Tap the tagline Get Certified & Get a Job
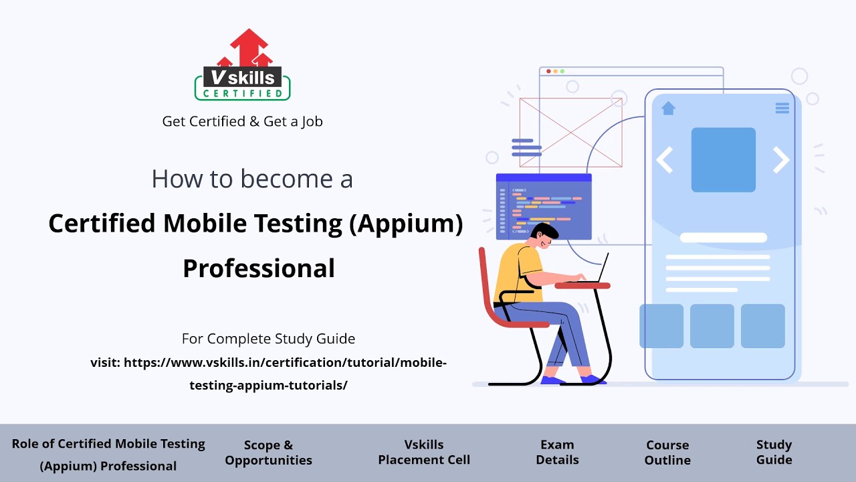pos(242,122)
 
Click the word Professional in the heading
pos(259,268)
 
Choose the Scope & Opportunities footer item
pos(268,453)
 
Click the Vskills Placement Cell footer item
pos(424,453)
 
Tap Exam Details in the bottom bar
pos(557,453)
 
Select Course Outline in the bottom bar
pos(667,453)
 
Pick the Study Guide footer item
pos(774,453)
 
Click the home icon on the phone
pos(668,108)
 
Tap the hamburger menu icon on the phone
pos(782,108)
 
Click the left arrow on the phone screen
pos(663,160)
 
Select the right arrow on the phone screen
pos(781,160)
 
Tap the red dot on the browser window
pos(549,71)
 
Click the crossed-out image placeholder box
pos(570,133)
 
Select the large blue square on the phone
pos(723,160)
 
